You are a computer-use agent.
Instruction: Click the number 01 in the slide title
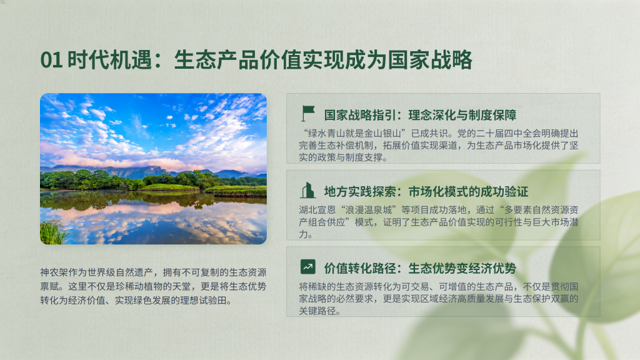click(x=51, y=60)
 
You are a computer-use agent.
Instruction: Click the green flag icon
click(x=307, y=113)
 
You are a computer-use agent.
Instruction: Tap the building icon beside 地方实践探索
click(x=307, y=191)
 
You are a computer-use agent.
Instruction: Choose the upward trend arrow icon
click(x=307, y=267)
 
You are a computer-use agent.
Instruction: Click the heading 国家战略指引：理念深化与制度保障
click(x=421, y=115)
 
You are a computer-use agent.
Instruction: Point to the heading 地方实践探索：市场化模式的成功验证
click(x=426, y=192)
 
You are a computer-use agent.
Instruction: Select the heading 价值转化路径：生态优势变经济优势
click(x=421, y=269)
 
